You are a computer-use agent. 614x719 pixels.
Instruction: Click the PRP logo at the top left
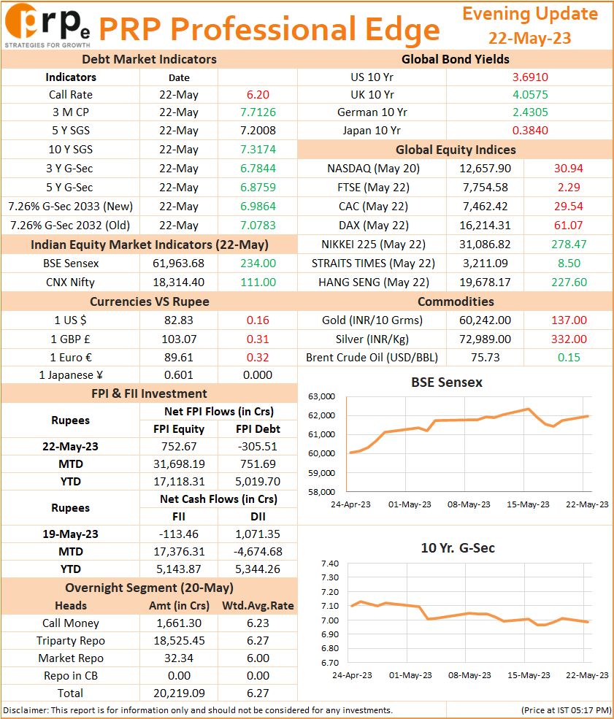[47, 25]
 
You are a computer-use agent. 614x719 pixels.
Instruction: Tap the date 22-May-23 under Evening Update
[529, 38]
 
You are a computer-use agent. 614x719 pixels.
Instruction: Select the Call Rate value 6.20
[258, 95]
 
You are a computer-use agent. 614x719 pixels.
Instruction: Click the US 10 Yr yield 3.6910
[530, 77]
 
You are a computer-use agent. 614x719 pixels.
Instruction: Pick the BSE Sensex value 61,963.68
[178, 264]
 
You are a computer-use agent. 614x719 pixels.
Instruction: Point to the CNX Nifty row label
[70, 282]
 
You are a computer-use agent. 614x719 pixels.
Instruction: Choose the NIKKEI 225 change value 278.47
[569, 245]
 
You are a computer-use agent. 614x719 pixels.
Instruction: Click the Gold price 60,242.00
[486, 320]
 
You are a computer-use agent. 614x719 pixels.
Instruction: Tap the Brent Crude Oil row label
[372, 358]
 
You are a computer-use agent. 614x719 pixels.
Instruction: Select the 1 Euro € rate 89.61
[178, 358]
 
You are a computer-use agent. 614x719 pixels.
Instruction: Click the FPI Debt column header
[258, 429]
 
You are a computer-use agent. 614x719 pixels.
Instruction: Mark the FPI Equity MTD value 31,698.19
[179, 464]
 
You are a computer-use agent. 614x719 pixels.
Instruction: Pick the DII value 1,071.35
[258, 534]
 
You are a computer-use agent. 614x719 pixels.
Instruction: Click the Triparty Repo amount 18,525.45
[179, 641]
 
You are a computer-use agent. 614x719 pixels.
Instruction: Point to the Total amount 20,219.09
[179, 693]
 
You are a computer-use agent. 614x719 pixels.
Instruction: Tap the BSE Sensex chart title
[447, 382]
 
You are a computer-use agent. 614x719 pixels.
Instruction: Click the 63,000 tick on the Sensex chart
[321, 396]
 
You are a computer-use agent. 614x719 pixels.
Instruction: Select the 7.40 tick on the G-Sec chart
[330, 564]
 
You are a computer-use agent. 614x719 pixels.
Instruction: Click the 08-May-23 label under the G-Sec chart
[469, 675]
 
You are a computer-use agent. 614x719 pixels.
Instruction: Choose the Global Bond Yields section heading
[456, 60]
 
